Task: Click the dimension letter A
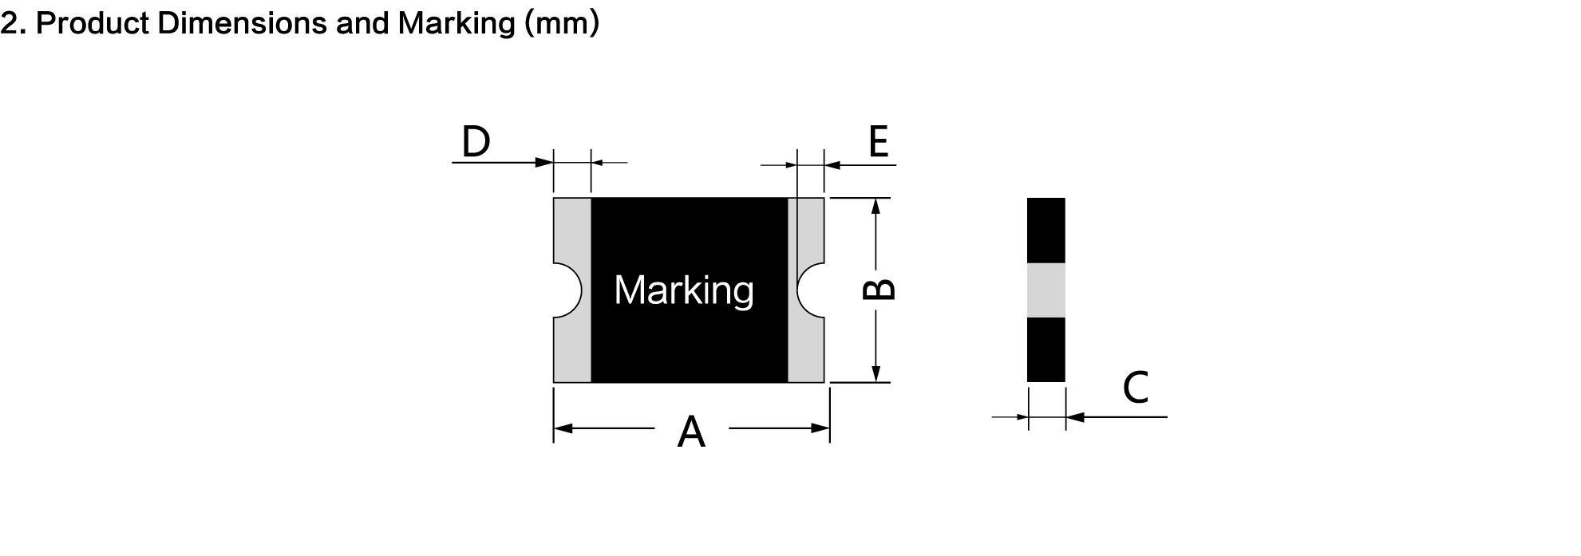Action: coord(691,432)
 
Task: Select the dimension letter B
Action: coord(879,289)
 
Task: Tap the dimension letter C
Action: coord(1135,388)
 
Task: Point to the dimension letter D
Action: coord(476,142)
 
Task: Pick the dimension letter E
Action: coord(878,142)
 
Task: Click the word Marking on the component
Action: coord(684,290)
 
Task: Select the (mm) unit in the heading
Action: coord(562,24)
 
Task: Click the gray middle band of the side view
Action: coord(1046,290)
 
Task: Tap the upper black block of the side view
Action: coord(1046,231)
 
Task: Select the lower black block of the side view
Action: coord(1046,349)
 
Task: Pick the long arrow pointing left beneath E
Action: coord(860,165)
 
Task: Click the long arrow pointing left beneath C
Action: coord(1117,416)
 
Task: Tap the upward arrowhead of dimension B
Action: coord(875,207)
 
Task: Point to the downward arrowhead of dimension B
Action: coord(875,373)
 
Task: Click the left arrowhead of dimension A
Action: coord(563,428)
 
